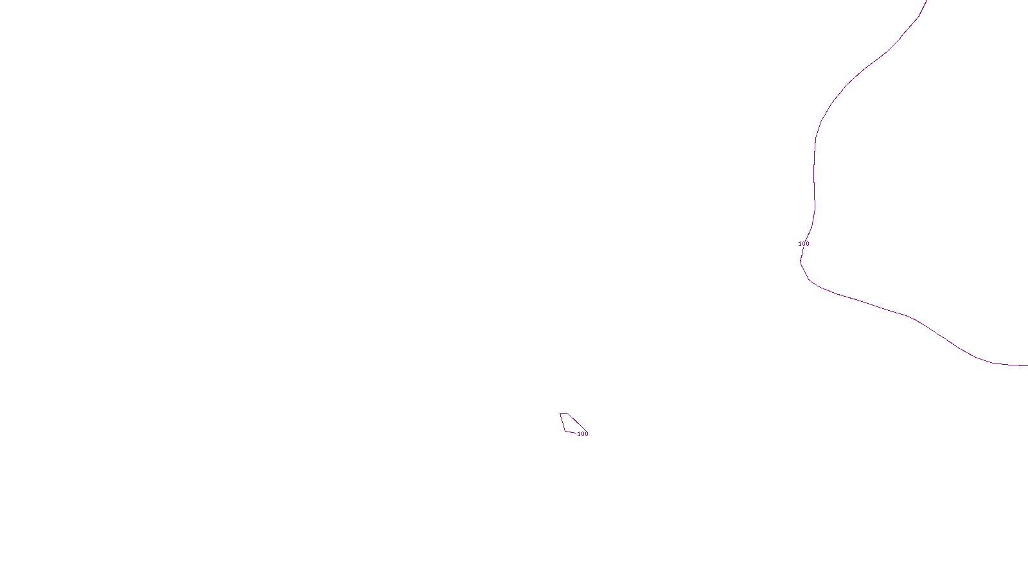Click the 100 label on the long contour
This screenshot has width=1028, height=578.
pos(804,244)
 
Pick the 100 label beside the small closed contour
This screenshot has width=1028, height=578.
pos(582,434)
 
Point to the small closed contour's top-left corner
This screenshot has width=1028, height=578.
pos(560,413)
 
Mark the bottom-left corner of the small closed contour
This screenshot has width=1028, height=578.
pos(565,431)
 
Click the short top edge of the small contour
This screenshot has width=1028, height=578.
pos(563,413)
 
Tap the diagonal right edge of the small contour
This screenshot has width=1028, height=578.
pos(577,423)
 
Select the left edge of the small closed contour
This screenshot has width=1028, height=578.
pos(563,422)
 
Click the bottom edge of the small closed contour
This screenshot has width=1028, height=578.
pos(571,432)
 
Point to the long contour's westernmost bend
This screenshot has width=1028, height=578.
pos(801,261)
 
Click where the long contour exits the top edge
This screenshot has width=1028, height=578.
pos(926,1)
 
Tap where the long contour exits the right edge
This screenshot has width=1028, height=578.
pos(1027,365)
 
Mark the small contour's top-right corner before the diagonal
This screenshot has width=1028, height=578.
pos(567,413)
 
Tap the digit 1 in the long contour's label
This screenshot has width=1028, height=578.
pos(800,244)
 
